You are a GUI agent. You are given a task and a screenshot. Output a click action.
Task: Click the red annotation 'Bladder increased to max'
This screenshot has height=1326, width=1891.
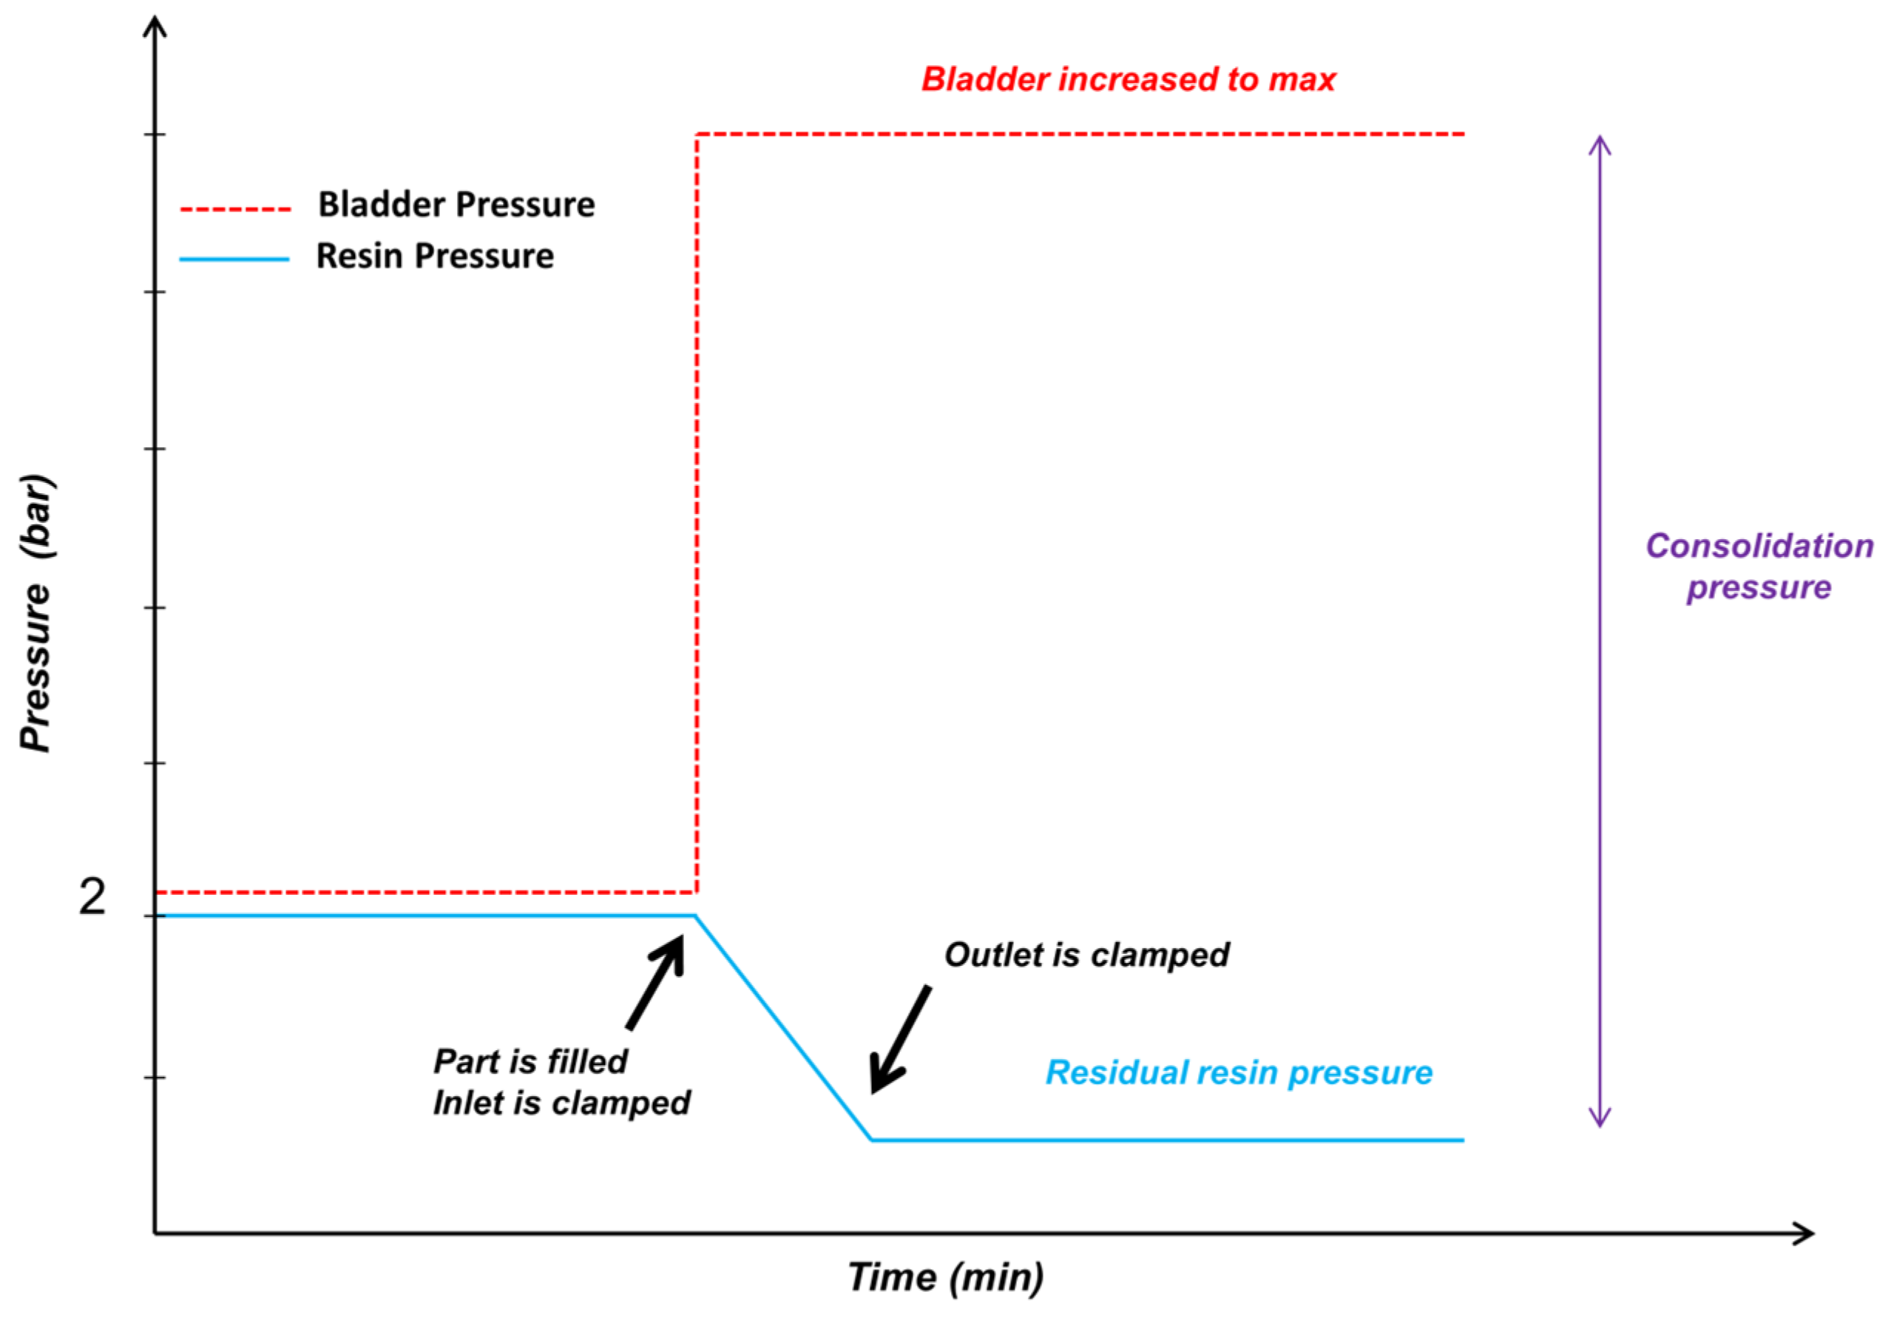(x=1128, y=80)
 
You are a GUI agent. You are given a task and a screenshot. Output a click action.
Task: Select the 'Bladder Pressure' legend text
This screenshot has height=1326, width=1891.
(x=456, y=204)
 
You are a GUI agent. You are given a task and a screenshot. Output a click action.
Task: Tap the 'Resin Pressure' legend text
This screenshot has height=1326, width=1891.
(x=435, y=256)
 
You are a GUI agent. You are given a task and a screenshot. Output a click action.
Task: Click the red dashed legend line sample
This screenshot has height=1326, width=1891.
(x=236, y=209)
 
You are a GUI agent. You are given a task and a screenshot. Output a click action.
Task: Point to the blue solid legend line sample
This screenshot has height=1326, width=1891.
(x=234, y=260)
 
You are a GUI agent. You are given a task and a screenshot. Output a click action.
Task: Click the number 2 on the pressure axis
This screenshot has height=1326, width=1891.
(x=92, y=897)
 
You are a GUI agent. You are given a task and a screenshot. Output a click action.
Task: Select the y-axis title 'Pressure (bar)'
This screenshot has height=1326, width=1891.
(x=36, y=613)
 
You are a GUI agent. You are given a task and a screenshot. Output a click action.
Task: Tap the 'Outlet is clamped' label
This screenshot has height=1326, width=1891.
(x=1086, y=955)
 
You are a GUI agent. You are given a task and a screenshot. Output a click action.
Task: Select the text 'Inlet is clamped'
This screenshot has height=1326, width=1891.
(x=562, y=1103)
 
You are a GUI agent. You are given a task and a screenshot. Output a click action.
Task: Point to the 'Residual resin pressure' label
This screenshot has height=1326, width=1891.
(x=1239, y=1072)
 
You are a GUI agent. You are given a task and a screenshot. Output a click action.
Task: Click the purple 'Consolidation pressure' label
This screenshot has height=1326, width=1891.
(x=1759, y=566)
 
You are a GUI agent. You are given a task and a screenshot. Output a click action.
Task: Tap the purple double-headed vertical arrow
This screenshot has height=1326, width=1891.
(x=1600, y=632)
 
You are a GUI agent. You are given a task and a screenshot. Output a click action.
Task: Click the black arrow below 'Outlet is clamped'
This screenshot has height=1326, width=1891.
(x=901, y=1039)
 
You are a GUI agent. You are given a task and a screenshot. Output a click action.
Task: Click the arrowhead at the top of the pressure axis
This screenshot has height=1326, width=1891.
(x=155, y=18)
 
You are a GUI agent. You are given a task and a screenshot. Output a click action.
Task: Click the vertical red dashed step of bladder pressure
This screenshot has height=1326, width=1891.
(x=697, y=513)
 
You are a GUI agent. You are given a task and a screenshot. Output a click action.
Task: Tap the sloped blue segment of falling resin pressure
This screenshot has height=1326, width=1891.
(x=784, y=1028)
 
